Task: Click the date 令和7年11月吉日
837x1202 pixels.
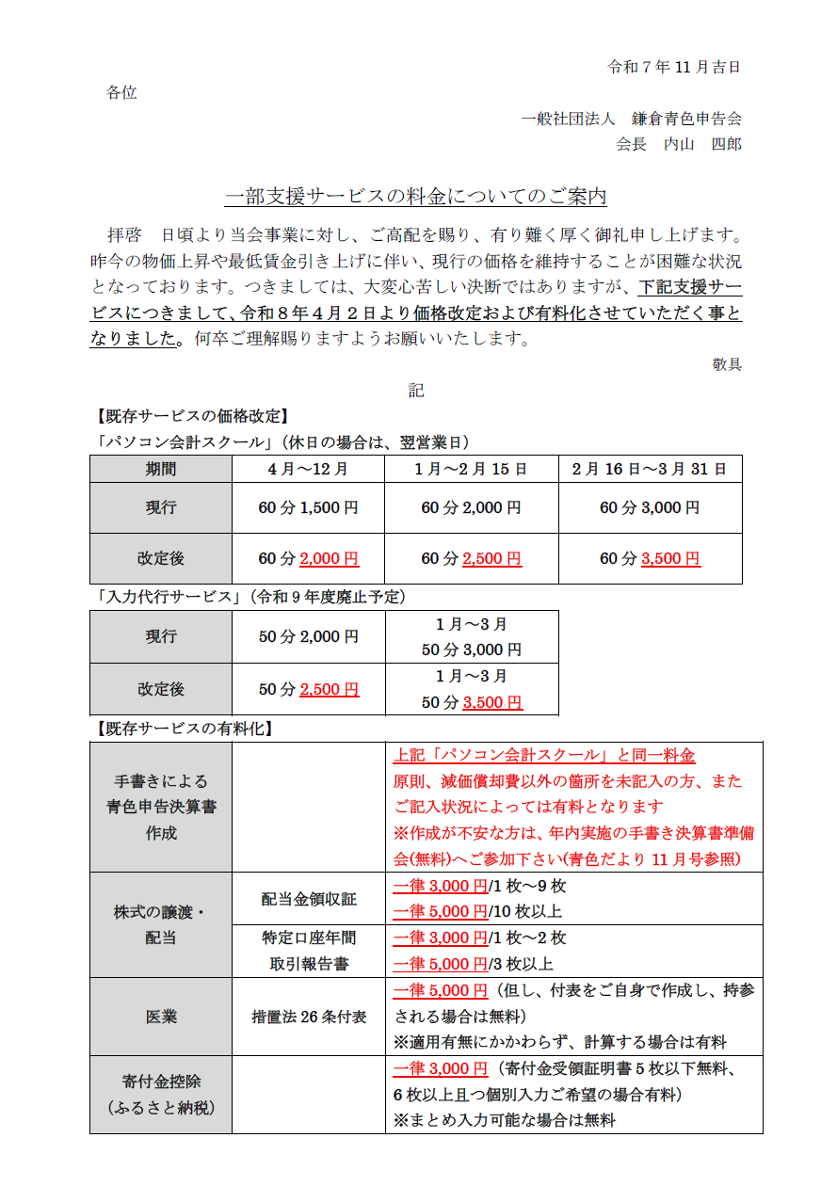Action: (x=674, y=67)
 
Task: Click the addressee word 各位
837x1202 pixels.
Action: (x=121, y=92)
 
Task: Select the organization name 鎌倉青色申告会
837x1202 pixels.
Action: (x=686, y=119)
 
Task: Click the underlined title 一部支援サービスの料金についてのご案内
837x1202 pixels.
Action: (x=415, y=197)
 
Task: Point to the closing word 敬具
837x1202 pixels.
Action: (x=727, y=364)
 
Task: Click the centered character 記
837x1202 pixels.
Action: (x=416, y=390)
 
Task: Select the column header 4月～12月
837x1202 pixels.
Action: (x=308, y=469)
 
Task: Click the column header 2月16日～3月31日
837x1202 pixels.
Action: (x=650, y=469)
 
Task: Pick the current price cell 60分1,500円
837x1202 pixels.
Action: (x=308, y=507)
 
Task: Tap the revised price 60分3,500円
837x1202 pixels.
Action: (x=650, y=558)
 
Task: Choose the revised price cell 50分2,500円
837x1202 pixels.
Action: (x=308, y=689)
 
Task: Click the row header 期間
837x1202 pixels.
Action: (x=160, y=469)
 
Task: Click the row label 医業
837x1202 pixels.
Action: (x=160, y=1017)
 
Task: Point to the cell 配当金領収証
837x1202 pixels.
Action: (x=309, y=899)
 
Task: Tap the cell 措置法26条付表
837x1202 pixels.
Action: (x=309, y=1017)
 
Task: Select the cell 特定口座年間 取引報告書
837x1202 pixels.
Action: (x=309, y=951)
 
